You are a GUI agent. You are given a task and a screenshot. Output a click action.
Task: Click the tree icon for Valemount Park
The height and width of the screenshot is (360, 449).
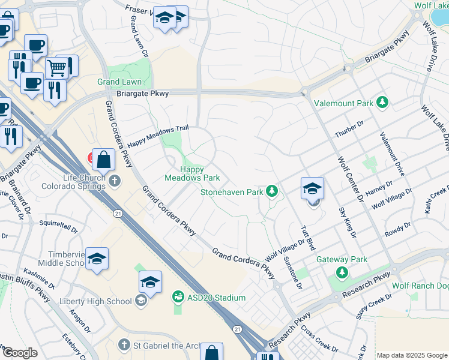pyautogui.click(x=382, y=103)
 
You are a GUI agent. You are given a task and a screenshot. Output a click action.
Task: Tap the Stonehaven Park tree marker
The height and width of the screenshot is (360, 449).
pyautogui.click(x=272, y=191)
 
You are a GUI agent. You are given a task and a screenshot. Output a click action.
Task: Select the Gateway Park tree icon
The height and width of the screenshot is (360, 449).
pyautogui.click(x=342, y=273)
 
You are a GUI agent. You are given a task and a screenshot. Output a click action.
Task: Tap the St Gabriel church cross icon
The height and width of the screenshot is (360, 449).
pyautogui.click(x=124, y=344)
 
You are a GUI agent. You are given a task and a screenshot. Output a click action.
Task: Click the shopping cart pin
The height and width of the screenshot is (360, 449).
pyautogui.click(x=57, y=68)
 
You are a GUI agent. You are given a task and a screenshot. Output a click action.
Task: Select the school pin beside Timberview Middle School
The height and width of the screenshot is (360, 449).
pyautogui.click(x=97, y=259)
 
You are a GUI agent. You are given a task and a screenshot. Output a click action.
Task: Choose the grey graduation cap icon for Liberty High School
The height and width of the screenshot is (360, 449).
pyautogui.click(x=141, y=301)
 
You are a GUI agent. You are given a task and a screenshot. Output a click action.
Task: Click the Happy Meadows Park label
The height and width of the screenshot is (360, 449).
pyautogui.click(x=192, y=173)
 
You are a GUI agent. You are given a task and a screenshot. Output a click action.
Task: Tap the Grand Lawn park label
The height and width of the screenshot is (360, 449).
pyautogui.click(x=120, y=82)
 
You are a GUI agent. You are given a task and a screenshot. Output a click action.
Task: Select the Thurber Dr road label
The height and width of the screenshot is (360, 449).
pyautogui.click(x=350, y=131)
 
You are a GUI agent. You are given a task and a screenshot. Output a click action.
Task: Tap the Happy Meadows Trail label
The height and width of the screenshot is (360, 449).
pyautogui.click(x=158, y=136)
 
